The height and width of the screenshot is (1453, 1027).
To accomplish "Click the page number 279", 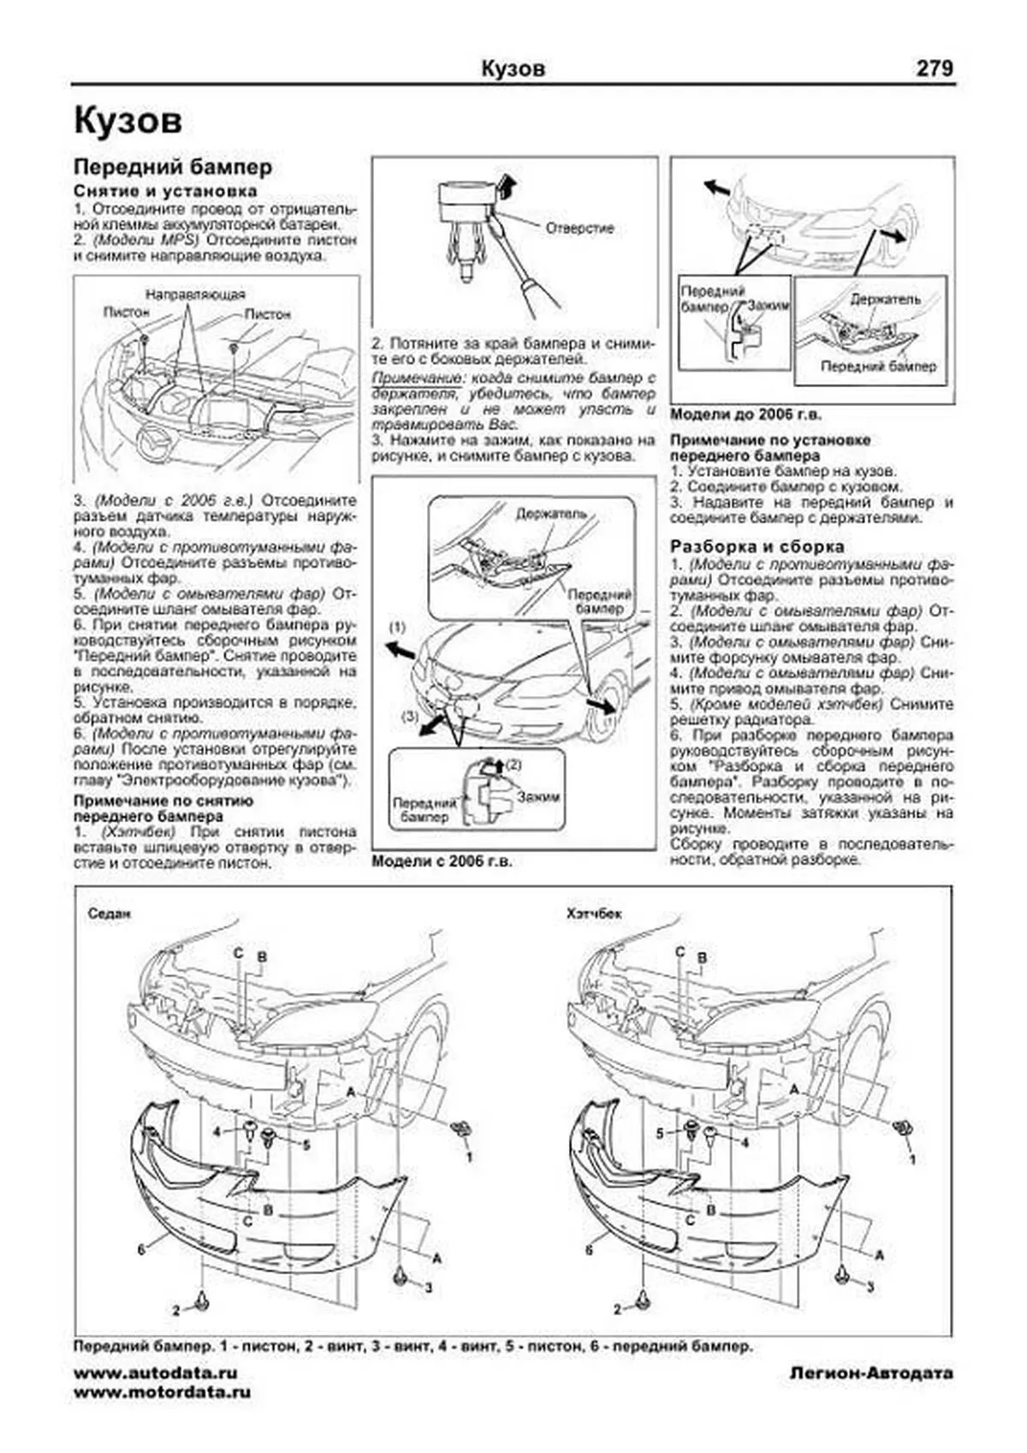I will click(935, 68).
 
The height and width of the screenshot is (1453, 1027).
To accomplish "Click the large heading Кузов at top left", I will click(128, 121).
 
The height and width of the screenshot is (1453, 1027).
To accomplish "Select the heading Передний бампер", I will click(173, 167).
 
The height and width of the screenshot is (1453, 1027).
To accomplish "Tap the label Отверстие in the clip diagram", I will click(579, 229).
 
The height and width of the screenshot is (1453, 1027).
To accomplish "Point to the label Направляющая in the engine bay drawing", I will click(195, 295).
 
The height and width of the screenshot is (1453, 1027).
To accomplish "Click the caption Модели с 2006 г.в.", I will click(442, 862).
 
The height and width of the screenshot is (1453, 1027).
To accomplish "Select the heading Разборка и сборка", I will click(757, 546).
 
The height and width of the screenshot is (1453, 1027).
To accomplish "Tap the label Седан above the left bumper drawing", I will click(110, 914).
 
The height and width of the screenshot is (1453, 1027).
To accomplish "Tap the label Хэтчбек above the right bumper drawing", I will click(594, 914).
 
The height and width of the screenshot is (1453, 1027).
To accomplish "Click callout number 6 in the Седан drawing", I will click(141, 1249).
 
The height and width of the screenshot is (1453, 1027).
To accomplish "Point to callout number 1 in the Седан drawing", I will click(469, 1158).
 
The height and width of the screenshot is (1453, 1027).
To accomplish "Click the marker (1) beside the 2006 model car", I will click(396, 628).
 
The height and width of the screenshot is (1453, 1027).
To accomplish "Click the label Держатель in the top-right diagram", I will click(886, 299).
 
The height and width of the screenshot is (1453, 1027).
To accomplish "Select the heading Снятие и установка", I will click(165, 191).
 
